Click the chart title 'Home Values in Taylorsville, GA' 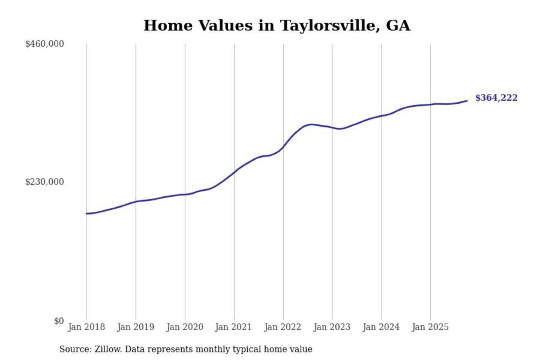[277, 25]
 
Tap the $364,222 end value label [496, 98]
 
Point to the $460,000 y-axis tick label [45, 44]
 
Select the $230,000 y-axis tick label [45, 182]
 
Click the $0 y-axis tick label [59, 321]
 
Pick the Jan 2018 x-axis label [86, 327]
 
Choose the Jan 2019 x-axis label [135, 327]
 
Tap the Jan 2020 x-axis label [184, 327]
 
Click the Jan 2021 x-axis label [233, 327]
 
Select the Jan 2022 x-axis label [282, 327]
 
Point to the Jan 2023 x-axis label [331, 327]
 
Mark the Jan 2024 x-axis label [381, 327]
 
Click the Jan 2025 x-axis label [430, 327]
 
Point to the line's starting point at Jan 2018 [87, 213]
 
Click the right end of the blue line [467, 100]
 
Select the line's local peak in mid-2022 [310, 124]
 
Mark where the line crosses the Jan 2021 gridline [234, 172]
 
